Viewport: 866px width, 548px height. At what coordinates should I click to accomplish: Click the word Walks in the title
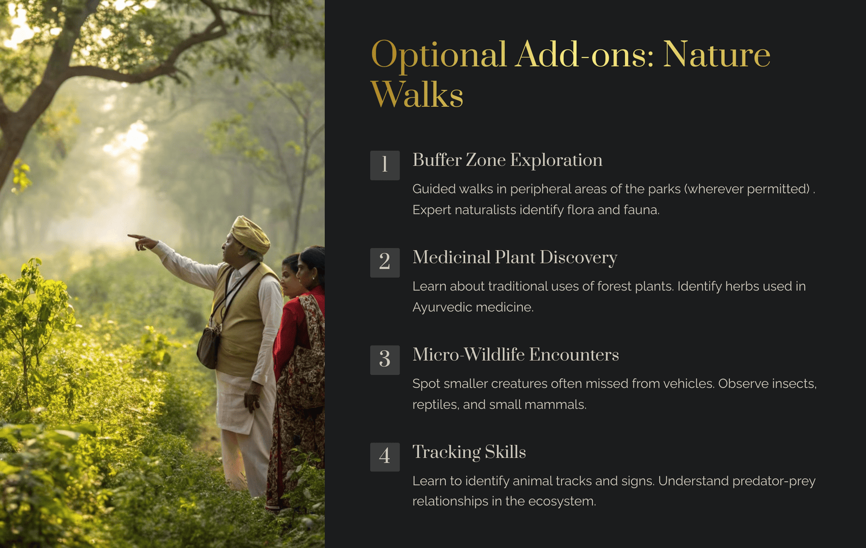click(x=417, y=94)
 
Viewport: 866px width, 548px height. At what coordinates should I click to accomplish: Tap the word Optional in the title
click(x=438, y=55)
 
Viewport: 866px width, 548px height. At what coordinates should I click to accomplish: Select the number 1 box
click(x=385, y=166)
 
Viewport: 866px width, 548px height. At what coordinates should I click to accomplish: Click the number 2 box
click(x=385, y=263)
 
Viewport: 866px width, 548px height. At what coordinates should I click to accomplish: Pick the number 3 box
click(x=385, y=360)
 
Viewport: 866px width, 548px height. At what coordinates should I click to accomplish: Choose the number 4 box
click(x=385, y=457)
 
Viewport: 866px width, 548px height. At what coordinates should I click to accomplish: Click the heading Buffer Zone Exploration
click(x=507, y=160)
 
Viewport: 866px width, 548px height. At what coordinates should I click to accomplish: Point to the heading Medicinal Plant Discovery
click(x=515, y=258)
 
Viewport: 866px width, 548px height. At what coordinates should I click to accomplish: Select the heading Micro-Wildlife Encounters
click(x=515, y=355)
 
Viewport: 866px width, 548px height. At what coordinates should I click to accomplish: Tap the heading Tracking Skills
click(x=469, y=452)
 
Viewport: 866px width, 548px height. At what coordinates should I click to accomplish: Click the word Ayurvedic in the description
click(x=442, y=308)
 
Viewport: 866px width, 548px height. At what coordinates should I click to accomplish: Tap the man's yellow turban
click(x=251, y=233)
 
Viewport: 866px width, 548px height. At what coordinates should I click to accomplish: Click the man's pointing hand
click(x=142, y=242)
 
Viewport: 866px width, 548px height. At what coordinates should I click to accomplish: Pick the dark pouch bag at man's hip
click(x=209, y=346)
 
